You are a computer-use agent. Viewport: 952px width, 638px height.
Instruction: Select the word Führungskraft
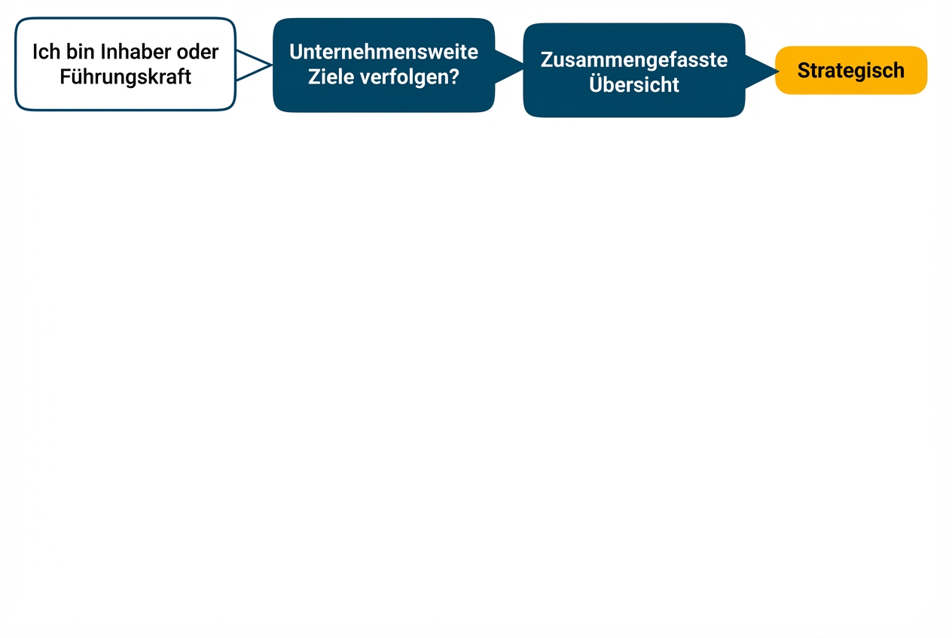(x=125, y=77)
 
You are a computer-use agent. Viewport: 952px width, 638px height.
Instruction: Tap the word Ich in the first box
(x=47, y=52)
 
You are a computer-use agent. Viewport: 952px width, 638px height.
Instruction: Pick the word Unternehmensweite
(x=384, y=52)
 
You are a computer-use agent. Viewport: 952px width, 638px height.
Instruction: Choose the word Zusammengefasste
(x=634, y=60)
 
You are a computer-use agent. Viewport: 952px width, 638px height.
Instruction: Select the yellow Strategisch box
(x=851, y=70)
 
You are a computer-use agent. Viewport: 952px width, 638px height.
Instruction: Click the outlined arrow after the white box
(x=254, y=65)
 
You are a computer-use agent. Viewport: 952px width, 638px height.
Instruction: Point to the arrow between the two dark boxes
(x=509, y=67)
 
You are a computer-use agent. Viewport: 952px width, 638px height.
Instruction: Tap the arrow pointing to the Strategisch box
(x=761, y=71)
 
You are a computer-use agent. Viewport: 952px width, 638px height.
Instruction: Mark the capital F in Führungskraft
(x=66, y=77)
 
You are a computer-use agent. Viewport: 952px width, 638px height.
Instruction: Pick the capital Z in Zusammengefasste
(x=547, y=60)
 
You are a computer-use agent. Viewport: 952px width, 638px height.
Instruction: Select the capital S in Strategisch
(x=804, y=71)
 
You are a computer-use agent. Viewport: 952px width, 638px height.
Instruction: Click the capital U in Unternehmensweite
(x=296, y=52)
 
